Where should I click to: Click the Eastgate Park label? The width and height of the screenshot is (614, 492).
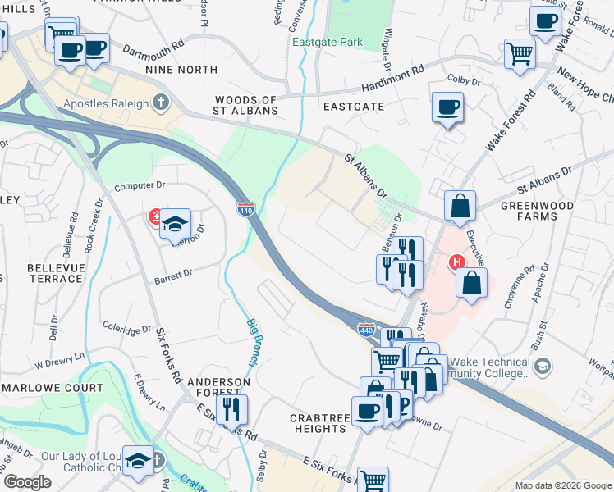tap(327, 41)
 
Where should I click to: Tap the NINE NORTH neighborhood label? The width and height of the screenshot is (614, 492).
tap(181, 71)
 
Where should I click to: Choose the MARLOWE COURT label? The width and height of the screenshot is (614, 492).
tap(53, 387)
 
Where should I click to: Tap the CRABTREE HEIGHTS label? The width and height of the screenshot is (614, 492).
tap(318, 423)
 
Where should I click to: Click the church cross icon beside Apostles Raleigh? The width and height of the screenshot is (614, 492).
tap(161, 103)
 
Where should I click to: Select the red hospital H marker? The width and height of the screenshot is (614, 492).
tap(456, 263)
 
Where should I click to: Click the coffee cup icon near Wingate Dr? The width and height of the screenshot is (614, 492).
tap(447, 107)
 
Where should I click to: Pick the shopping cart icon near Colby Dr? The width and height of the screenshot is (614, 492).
tap(519, 54)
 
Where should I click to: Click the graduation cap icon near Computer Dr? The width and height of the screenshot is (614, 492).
tap(175, 223)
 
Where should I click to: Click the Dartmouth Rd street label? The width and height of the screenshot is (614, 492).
tap(153, 50)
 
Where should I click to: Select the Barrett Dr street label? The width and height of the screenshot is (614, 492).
tap(172, 276)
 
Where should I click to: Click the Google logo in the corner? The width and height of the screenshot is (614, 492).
tap(26, 482)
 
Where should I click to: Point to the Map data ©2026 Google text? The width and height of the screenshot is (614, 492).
tap(562, 485)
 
